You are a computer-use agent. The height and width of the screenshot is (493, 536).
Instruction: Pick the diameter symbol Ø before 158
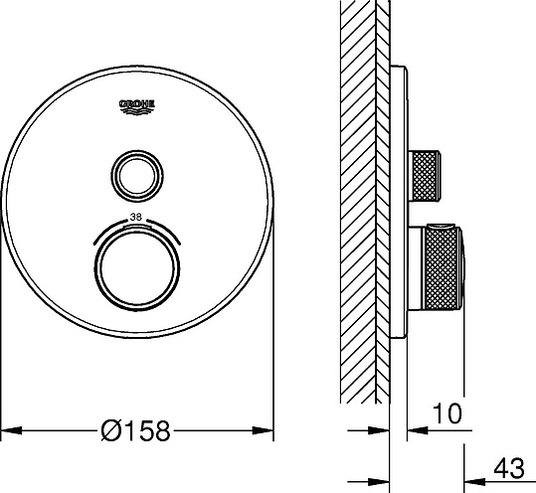coord(111,430)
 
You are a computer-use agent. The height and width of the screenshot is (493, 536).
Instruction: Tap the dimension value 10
coord(448,410)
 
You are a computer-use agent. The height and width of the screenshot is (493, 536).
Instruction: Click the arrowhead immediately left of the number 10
coord(419,430)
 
